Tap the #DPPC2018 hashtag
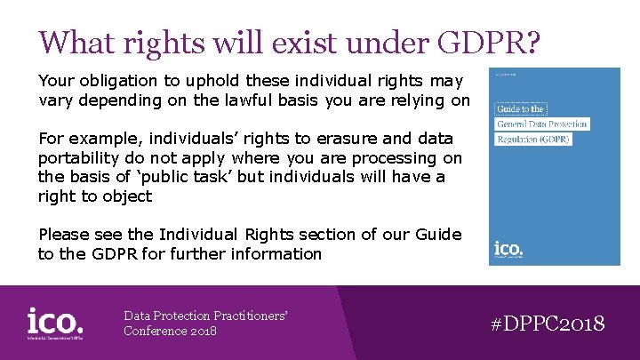click(x=548, y=323)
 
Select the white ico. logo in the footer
click(x=55, y=322)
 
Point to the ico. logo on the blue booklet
click(x=507, y=250)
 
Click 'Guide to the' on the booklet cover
click(x=521, y=108)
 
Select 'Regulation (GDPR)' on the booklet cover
click(x=532, y=140)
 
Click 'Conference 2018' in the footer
click(x=170, y=332)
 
